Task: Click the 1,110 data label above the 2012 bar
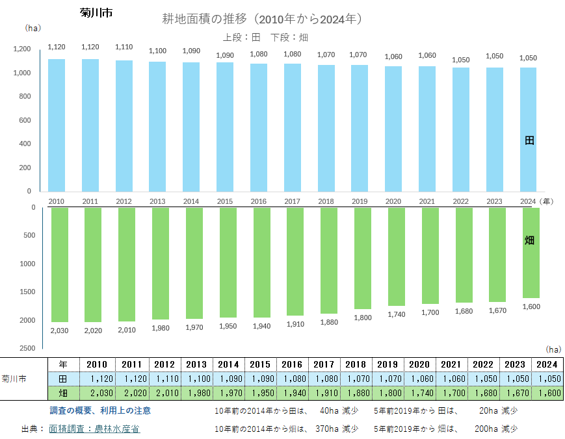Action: [x=124, y=47]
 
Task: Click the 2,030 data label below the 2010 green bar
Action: [x=59, y=331]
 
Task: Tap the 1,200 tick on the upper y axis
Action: [x=22, y=49]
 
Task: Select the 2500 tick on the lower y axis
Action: [x=27, y=349]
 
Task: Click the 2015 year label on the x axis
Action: [x=224, y=201]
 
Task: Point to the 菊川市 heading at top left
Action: [x=96, y=13]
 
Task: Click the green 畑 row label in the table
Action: [x=63, y=394]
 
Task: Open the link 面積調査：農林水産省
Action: [x=94, y=429]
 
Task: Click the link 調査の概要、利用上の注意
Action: [x=101, y=410]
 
